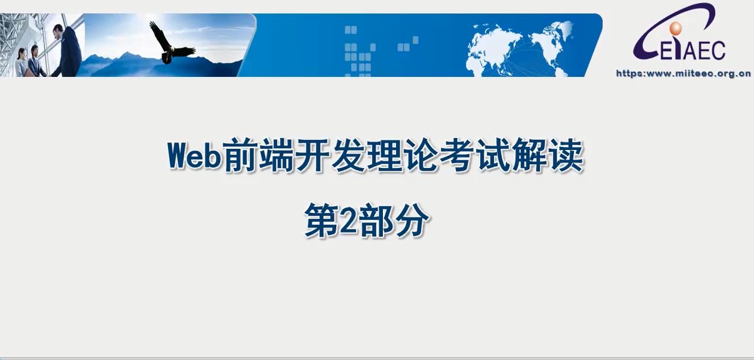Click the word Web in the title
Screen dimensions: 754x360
[x=194, y=155]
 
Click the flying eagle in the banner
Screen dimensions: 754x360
[x=172, y=43]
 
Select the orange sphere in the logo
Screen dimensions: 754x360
[x=675, y=28]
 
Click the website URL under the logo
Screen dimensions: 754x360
[x=683, y=73]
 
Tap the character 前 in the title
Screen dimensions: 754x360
[x=241, y=155]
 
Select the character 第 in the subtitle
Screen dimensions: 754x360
[x=322, y=220]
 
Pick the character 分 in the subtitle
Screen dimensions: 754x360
[x=412, y=220]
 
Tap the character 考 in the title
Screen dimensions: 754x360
[x=457, y=155]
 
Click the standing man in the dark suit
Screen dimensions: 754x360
[x=67, y=51]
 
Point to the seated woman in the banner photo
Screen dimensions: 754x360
[x=21, y=62]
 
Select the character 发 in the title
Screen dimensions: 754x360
[x=349, y=155]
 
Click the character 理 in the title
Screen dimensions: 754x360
[x=384, y=155]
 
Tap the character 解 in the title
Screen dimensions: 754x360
[x=530, y=155]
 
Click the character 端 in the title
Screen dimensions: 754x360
[x=276, y=155]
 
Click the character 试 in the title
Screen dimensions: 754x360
[x=493, y=155]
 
